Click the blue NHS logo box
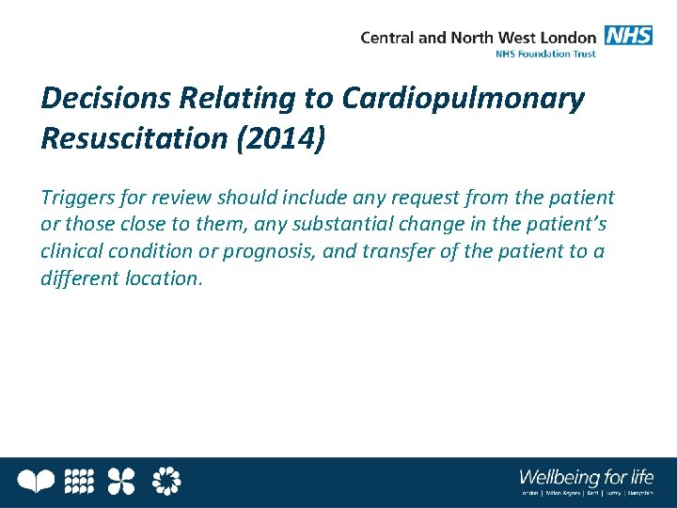[628, 37]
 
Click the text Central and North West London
[478, 38]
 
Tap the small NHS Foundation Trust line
[545, 54]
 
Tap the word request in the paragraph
[419, 198]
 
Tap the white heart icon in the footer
[38, 482]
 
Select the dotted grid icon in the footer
[79, 482]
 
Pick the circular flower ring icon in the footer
[166, 482]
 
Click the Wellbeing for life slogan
[586, 475]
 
